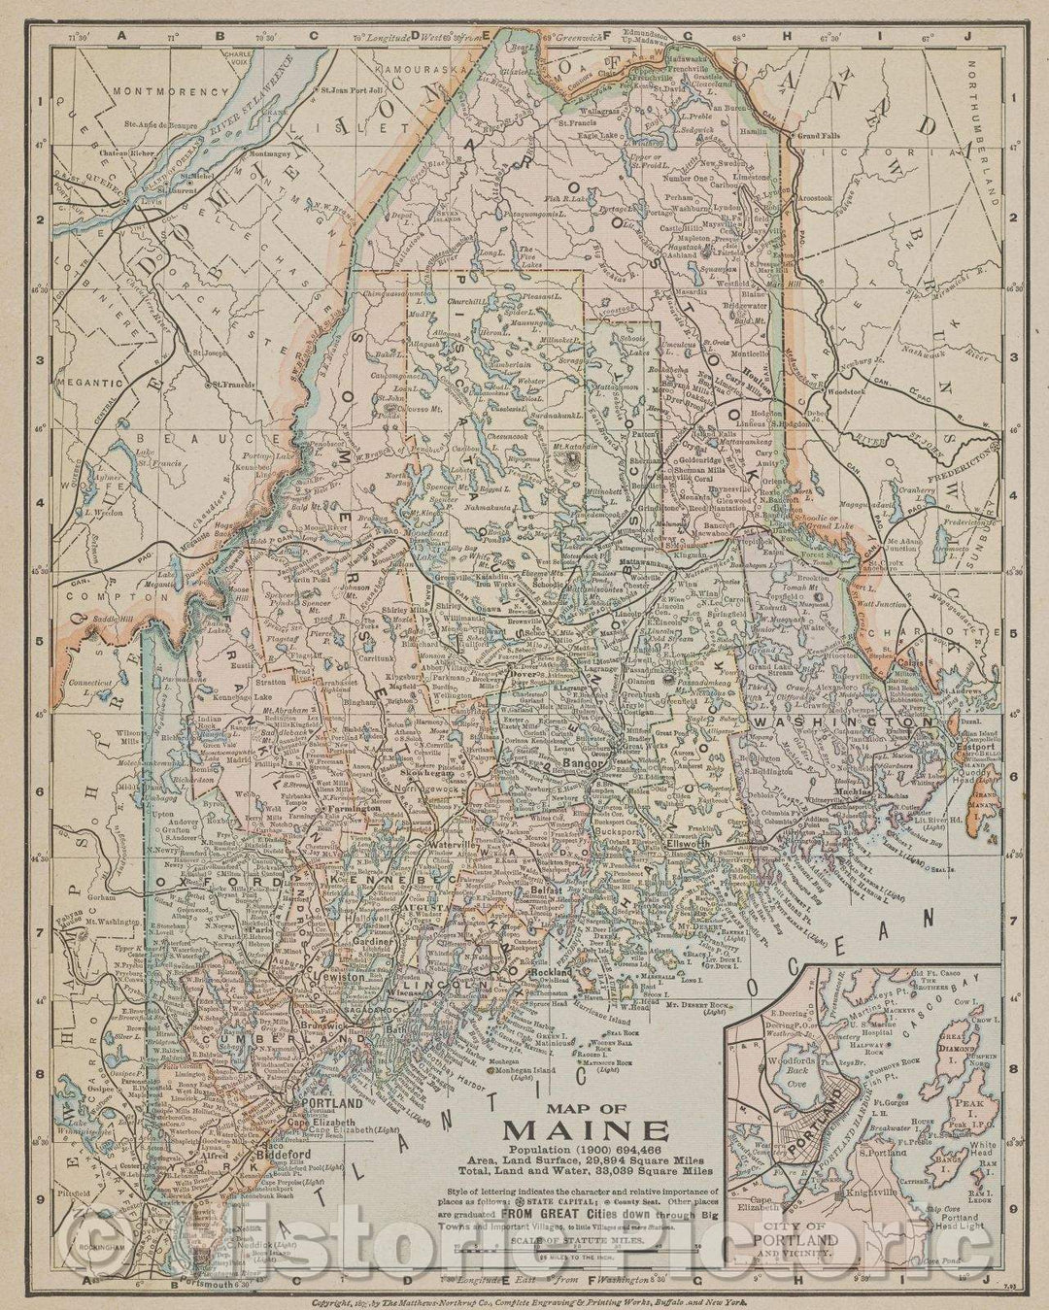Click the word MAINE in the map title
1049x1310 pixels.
[x=584, y=1131]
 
